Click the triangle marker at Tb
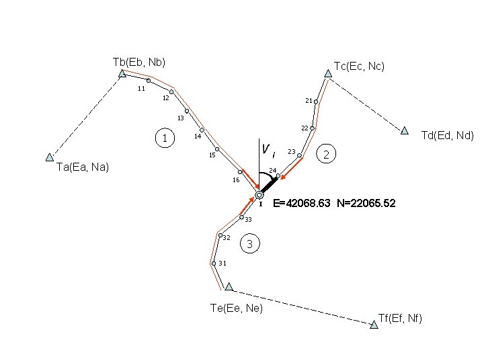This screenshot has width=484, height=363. tap(122, 73)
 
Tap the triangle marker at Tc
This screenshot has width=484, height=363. tap(328, 74)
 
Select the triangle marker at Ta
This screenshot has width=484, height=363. tap(49, 157)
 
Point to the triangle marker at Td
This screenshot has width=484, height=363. tap(405, 130)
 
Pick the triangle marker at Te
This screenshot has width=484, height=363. tap(229, 286)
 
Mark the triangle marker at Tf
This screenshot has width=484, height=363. tap(374, 325)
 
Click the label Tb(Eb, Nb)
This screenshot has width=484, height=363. tap(139, 62)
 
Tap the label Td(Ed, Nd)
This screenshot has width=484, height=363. tap(447, 135)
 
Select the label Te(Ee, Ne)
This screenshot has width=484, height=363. tap(237, 308)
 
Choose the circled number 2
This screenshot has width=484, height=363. tap(326, 155)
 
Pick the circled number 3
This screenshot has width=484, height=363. tap(249, 244)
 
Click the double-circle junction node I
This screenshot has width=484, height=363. tap(259, 195)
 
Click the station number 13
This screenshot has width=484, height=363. tap(180, 119)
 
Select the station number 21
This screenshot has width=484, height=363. tap(308, 101)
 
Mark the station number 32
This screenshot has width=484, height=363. tap(227, 238)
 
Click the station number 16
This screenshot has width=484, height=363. tap(235, 180)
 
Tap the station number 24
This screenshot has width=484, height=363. tap(272, 169)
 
